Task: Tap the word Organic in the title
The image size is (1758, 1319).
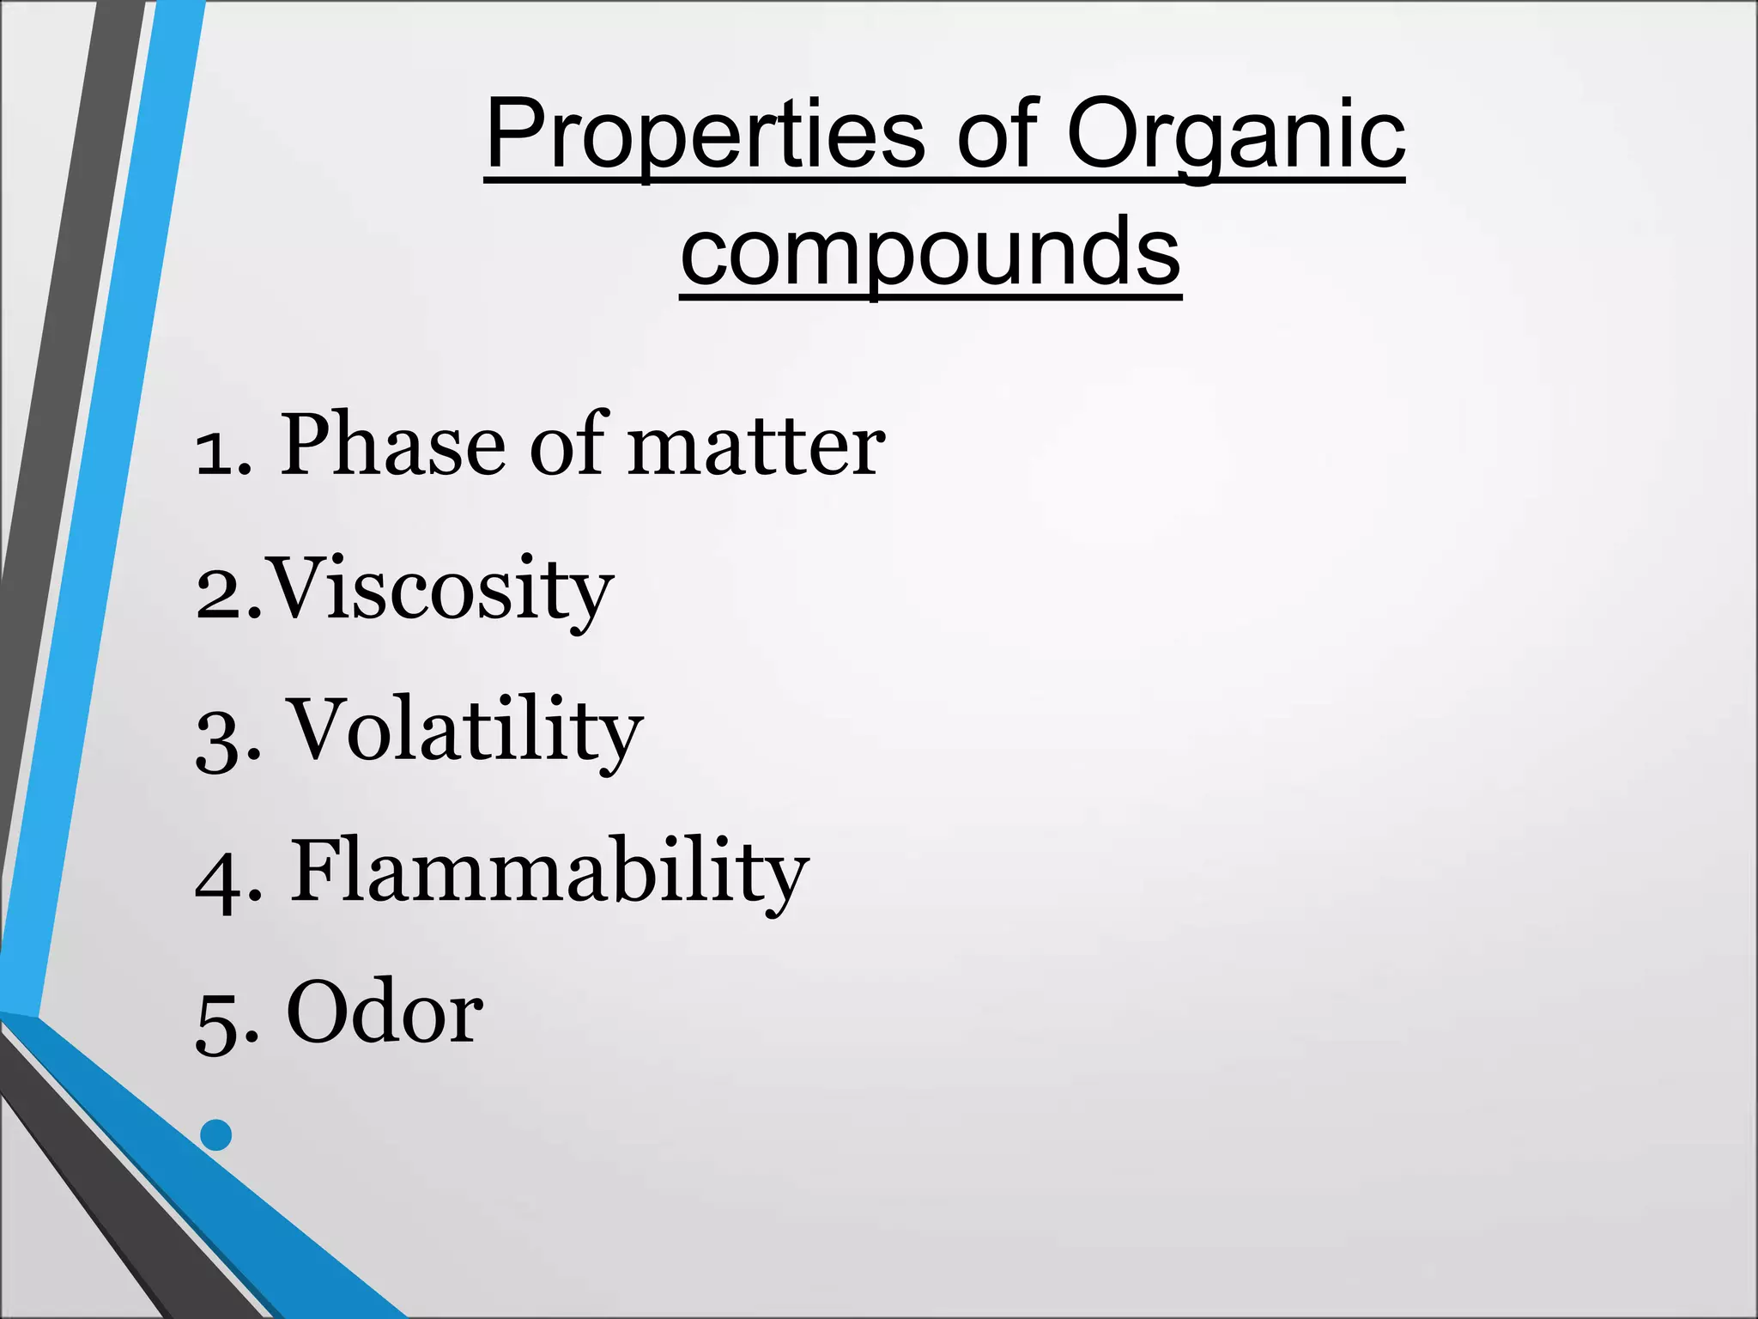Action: pos(1235,136)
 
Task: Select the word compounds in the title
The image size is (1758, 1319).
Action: pos(931,252)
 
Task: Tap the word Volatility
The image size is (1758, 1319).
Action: pos(464,732)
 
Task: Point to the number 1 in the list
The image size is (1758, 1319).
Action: pos(215,453)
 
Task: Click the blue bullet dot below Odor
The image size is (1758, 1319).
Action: pos(216,1134)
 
